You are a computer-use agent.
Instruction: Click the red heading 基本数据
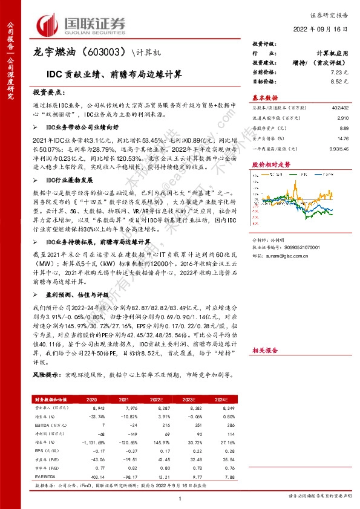coord(265,97)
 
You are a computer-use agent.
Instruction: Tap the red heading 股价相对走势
coord(269,164)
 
